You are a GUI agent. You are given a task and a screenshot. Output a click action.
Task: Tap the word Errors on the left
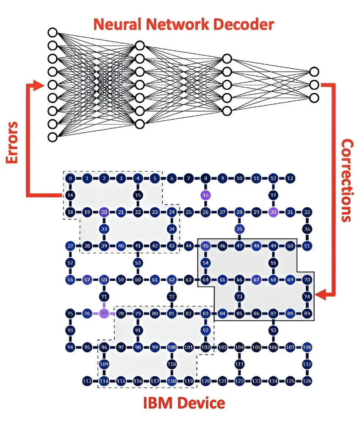pyautogui.click(x=12, y=142)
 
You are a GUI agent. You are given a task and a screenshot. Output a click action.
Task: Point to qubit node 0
pyautogui.click(x=70, y=178)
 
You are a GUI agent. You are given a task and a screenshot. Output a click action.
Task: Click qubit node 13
pyautogui.click(x=290, y=178)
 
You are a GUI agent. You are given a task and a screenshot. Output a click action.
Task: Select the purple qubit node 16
pyautogui.click(x=205, y=195)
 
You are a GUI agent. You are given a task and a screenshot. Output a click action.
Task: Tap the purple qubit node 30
pyautogui.click(x=273, y=212)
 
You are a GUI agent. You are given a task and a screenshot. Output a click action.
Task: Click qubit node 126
pyautogui.click(x=307, y=381)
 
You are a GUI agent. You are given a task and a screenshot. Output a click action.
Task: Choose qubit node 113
pyautogui.click(x=87, y=381)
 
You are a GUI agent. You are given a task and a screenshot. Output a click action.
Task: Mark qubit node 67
pyautogui.click(x=256, y=280)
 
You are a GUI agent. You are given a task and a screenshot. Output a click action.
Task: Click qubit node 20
pyautogui.click(x=104, y=212)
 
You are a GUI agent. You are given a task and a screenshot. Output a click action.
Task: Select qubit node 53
pyautogui.click(x=138, y=263)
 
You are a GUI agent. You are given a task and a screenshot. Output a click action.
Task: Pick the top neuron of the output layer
pyautogui.click(x=313, y=71)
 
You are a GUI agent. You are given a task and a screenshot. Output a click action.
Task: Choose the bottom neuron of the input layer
pyautogui.click(x=53, y=137)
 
